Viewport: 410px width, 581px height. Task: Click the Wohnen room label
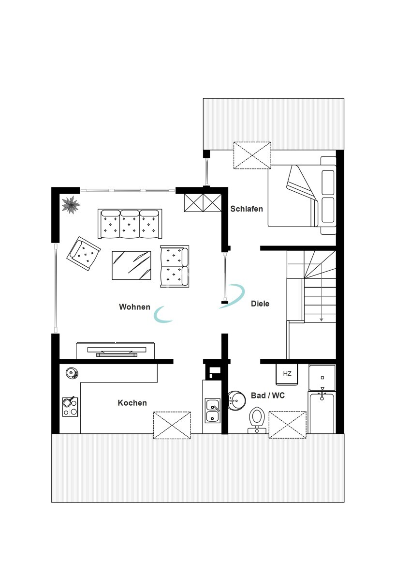(134, 307)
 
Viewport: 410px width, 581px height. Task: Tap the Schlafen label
(247, 209)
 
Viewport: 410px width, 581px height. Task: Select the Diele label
(260, 304)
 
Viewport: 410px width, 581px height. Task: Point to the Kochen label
(132, 403)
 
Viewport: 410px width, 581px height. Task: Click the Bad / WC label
(268, 396)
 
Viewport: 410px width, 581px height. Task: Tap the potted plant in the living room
(71, 205)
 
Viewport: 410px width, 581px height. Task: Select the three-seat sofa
(130, 224)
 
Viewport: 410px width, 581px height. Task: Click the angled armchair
(83, 254)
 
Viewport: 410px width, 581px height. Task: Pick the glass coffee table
(132, 265)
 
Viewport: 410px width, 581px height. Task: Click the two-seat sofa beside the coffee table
(175, 266)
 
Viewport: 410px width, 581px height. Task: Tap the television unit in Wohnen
(116, 351)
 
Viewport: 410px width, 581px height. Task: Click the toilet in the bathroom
(257, 420)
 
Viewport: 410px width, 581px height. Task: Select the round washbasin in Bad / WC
(236, 400)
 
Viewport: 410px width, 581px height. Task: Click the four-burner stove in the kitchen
(70, 407)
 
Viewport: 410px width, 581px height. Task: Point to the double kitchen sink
(213, 411)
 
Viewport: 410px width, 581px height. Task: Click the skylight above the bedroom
(252, 155)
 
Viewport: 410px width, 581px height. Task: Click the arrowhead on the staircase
(322, 320)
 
